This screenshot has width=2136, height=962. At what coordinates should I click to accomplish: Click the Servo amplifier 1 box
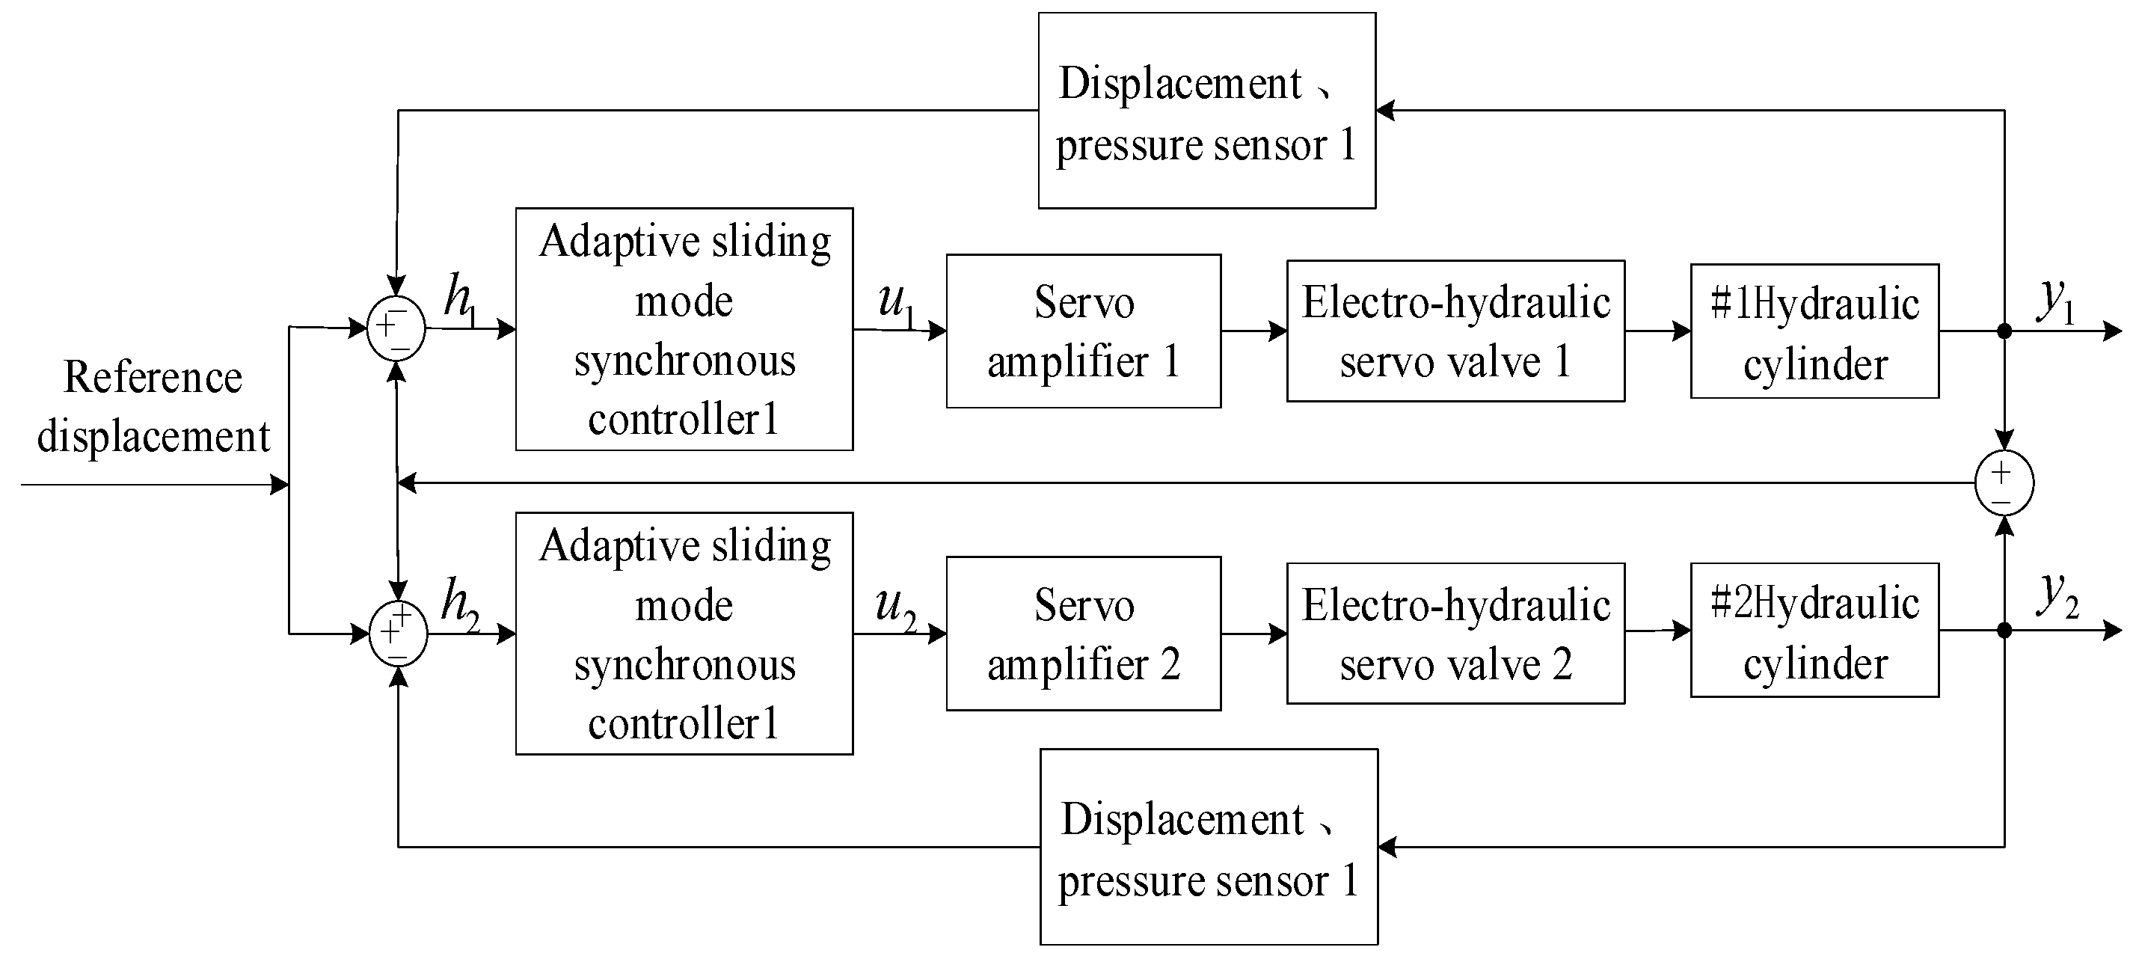(x=1083, y=331)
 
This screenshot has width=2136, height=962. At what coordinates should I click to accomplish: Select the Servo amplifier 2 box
(x=1083, y=634)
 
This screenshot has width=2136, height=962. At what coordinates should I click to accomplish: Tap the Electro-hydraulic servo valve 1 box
(x=1455, y=331)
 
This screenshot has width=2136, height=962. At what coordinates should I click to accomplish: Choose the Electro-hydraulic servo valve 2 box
(x=1455, y=634)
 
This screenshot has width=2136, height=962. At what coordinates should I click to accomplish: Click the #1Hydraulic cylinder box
(x=1814, y=331)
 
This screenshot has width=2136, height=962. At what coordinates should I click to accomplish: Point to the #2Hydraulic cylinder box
(x=1814, y=631)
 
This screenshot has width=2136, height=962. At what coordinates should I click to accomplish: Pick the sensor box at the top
(x=1206, y=110)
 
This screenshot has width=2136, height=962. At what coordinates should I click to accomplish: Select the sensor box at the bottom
(x=1208, y=847)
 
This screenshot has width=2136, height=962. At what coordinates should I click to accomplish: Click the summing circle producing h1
(x=396, y=328)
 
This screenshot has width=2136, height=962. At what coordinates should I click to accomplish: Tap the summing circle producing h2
(x=398, y=634)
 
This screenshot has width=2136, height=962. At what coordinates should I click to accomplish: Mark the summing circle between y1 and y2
(x=2004, y=482)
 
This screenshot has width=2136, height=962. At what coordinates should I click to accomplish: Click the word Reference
(x=153, y=377)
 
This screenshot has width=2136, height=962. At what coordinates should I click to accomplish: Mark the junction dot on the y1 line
(x=2004, y=331)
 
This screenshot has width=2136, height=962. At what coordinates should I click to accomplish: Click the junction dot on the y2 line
(x=2004, y=631)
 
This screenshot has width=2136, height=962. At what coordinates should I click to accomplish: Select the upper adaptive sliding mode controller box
(x=684, y=329)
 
